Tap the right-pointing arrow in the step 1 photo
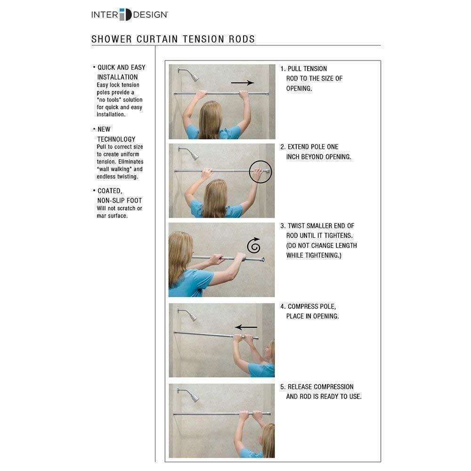(242, 83)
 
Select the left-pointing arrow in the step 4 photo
(246, 327)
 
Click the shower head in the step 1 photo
(192, 75)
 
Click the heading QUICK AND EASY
(122, 67)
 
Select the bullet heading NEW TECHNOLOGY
(116, 134)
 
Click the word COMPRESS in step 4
(306, 307)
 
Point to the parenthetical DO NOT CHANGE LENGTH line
(322, 245)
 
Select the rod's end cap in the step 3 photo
(262, 260)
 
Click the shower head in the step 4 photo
(192, 316)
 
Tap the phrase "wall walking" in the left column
(120, 169)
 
